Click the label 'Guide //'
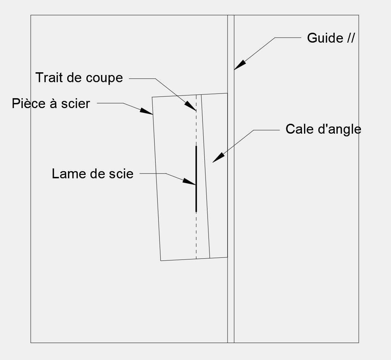coord(331,38)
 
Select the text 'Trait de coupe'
coord(79,77)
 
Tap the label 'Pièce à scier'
coord(51,103)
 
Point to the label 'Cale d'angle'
coord(323,129)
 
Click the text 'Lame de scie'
coord(92,174)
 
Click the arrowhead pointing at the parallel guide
coord(240,65)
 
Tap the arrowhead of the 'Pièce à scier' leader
coord(146,111)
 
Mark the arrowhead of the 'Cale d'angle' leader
coord(218,158)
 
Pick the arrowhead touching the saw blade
coord(189,181)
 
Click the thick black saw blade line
coord(196,179)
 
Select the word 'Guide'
coord(325,38)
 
